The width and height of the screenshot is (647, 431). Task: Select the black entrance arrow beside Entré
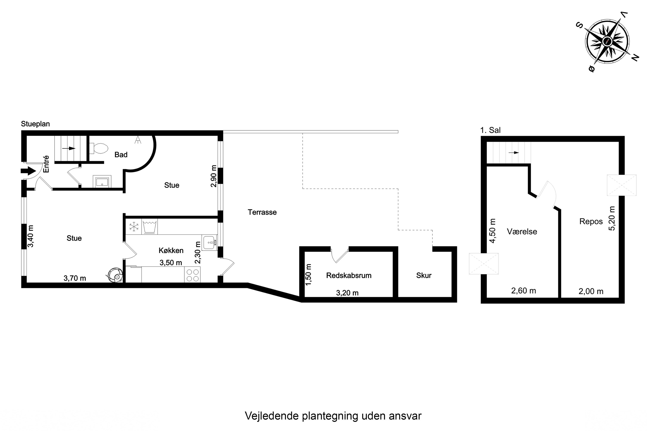click(x=28, y=171)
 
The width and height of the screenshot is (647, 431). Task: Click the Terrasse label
click(x=262, y=212)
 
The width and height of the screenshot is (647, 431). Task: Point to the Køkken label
click(x=171, y=250)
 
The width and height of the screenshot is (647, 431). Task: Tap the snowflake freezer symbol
click(x=134, y=227)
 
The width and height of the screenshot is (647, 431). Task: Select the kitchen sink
click(x=210, y=242)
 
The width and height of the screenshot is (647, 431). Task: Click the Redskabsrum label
click(x=349, y=275)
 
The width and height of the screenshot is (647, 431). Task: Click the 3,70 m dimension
click(x=75, y=278)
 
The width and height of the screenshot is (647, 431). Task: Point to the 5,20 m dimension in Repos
click(x=612, y=219)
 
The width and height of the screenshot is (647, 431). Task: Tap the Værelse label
click(x=522, y=231)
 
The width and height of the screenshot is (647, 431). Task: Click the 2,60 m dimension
click(x=523, y=291)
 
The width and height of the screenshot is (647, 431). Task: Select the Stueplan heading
click(x=36, y=124)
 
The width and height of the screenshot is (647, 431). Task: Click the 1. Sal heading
click(x=490, y=130)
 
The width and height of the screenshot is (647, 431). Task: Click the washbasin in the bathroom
click(x=102, y=181)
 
